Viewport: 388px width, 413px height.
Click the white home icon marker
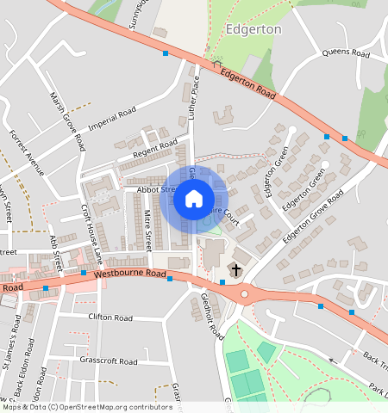(x=194, y=200)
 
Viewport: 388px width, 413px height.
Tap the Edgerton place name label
(x=253, y=28)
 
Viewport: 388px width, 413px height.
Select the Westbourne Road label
(x=129, y=274)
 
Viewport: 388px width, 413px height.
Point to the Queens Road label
(x=345, y=53)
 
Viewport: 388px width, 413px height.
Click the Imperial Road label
(x=112, y=118)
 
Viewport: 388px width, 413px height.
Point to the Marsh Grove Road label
(x=67, y=120)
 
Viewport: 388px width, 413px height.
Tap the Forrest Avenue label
(x=26, y=152)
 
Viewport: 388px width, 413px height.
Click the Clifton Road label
(x=112, y=317)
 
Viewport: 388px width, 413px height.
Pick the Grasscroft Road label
(x=108, y=360)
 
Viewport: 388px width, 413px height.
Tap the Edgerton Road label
(x=247, y=84)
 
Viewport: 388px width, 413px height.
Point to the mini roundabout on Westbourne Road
(x=246, y=294)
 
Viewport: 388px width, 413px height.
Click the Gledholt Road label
(x=212, y=317)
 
